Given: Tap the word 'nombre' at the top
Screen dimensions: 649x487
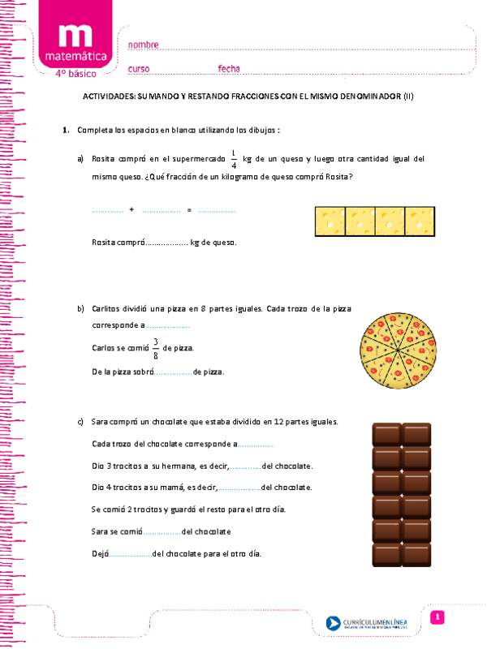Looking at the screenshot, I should click(143, 44).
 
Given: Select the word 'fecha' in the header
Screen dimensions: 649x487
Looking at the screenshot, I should click(229, 68).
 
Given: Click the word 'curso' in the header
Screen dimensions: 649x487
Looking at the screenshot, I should click(139, 68).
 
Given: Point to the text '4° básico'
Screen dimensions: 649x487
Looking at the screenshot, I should click(75, 74).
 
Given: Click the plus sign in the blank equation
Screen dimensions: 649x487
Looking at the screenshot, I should click(131, 210).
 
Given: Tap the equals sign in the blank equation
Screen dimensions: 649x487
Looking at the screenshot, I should click(188, 210).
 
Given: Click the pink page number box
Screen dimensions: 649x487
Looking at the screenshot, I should click(437, 618).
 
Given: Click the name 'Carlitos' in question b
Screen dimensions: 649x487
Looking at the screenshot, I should click(107, 309).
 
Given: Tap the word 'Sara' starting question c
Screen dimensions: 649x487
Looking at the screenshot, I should click(100, 422).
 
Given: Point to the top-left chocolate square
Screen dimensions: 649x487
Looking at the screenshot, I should click(386, 434).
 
